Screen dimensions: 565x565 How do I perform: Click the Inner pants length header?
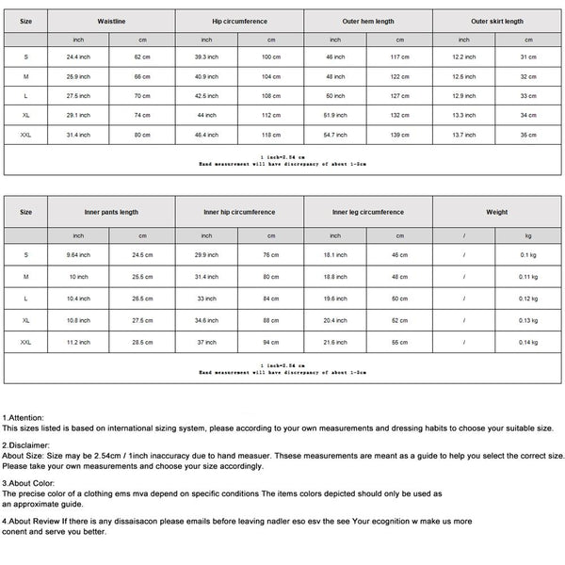115,213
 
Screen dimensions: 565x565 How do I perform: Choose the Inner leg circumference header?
372,213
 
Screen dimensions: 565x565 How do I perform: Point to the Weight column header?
496,213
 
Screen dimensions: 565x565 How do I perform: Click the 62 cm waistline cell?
142,56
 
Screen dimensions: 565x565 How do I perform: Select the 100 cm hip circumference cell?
271,56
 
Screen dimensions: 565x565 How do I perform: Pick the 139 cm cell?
399,136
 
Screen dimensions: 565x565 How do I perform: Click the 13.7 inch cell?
464,136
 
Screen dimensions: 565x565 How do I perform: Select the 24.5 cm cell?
142,254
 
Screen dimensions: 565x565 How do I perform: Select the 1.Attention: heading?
23,416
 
